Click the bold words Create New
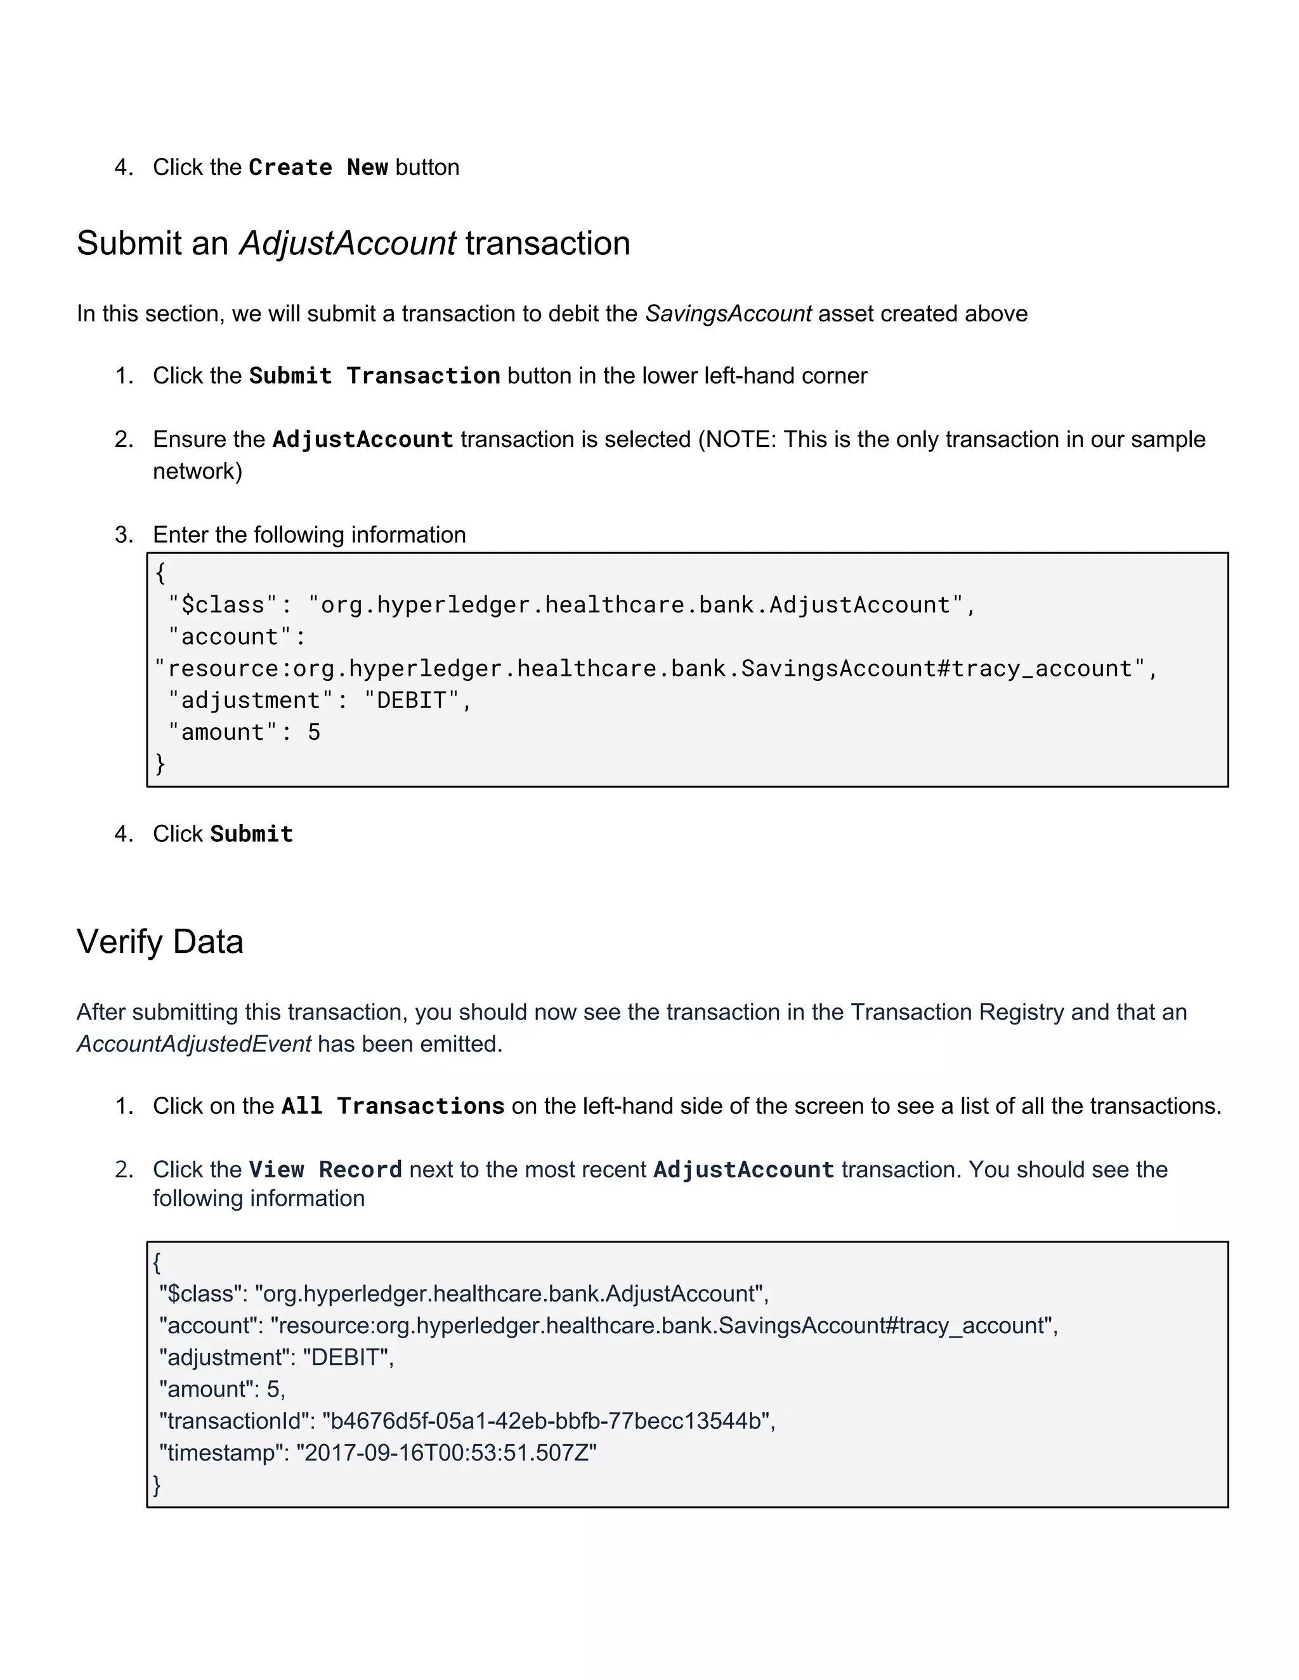click(x=318, y=168)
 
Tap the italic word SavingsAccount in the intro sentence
click(x=728, y=314)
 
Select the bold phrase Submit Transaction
click(x=375, y=376)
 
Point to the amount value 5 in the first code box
click(x=314, y=732)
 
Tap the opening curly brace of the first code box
click(x=160, y=573)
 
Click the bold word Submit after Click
click(x=252, y=835)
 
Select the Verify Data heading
click(x=160, y=942)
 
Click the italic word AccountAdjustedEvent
click(x=194, y=1045)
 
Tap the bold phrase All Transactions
click(x=393, y=1106)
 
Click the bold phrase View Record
click(x=325, y=1170)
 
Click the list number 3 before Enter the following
click(x=122, y=536)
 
